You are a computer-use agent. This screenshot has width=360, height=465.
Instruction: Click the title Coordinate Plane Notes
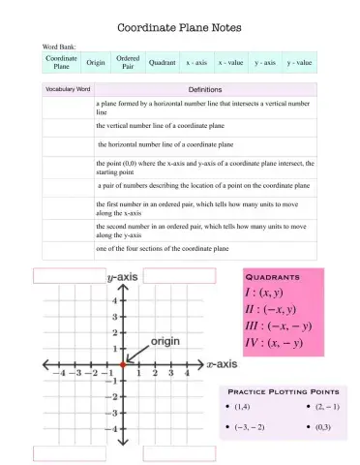click(x=179, y=28)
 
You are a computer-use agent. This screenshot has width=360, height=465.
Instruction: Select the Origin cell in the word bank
click(x=95, y=62)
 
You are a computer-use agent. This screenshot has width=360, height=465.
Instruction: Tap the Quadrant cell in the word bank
click(x=162, y=62)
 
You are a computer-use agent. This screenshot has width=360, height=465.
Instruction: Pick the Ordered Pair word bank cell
click(x=128, y=62)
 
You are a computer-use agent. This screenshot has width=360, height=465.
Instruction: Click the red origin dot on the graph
click(x=122, y=365)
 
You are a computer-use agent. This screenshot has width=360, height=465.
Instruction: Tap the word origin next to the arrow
click(x=164, y=342)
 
